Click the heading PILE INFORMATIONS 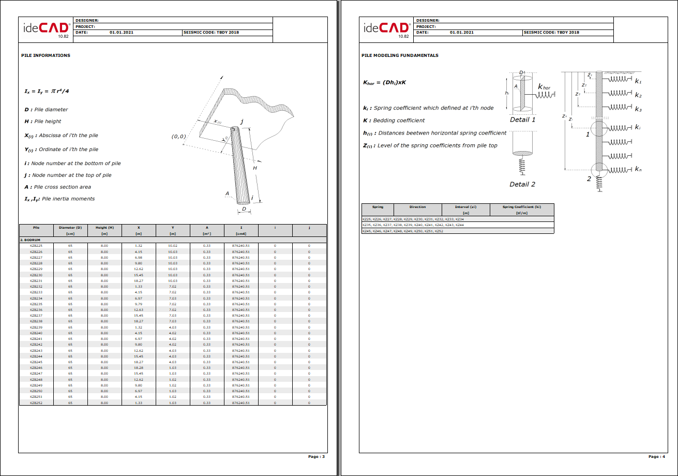pos(46,55)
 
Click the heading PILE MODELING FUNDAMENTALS pos(400,55)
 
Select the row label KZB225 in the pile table pos(36,246)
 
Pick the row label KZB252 pos(36,403)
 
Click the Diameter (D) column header pos(70,228)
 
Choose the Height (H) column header pos(104,228)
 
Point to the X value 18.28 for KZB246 pos(138,367)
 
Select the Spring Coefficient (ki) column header pos(521,207)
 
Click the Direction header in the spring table pos(417,207)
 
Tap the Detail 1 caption pos(522,120)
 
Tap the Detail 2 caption pos(522,184)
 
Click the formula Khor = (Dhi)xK pos(384,82)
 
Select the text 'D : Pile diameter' pos(46,110)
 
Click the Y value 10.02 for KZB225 pos(172,246)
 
